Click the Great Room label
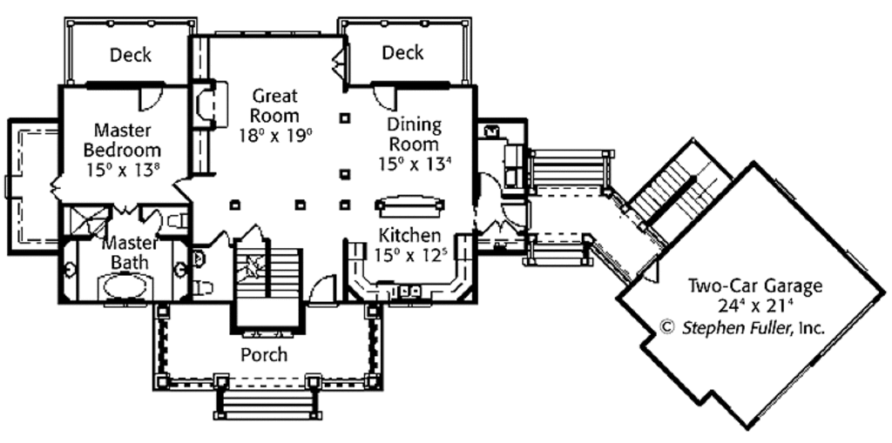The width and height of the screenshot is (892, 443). pos(274,105)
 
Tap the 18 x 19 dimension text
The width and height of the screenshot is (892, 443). pos(275,134)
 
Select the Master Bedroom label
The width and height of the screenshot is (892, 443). pos(122,139)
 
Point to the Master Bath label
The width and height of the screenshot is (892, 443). pos(129,252)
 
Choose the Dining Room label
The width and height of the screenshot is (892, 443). pos(414,134)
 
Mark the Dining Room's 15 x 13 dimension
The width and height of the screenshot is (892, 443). pos(414,163)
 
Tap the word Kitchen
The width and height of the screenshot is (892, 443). pos(409,235)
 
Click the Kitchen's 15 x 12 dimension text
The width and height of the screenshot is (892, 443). pos(409,255)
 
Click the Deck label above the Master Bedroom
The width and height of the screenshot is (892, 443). pos(131,55)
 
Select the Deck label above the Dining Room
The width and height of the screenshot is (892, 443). pos(402,53)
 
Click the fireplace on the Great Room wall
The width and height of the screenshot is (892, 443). pos(210,105)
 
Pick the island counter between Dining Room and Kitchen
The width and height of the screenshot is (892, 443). pos(409,205)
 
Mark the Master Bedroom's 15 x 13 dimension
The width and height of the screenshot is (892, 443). pos(122,169)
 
